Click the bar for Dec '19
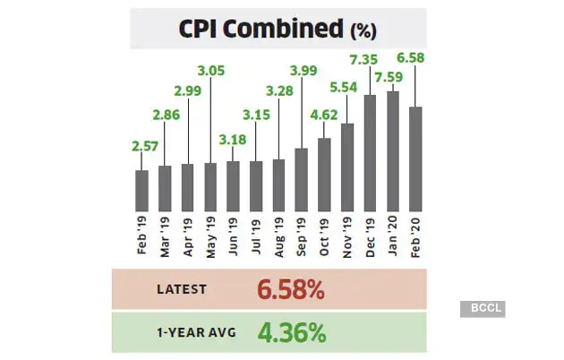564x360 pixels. point(370,151)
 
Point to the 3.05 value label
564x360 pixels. point(211,69)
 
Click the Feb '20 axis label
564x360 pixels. point(415,235)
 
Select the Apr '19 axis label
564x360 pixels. point(188,235)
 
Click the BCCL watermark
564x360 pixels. point(483,309)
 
